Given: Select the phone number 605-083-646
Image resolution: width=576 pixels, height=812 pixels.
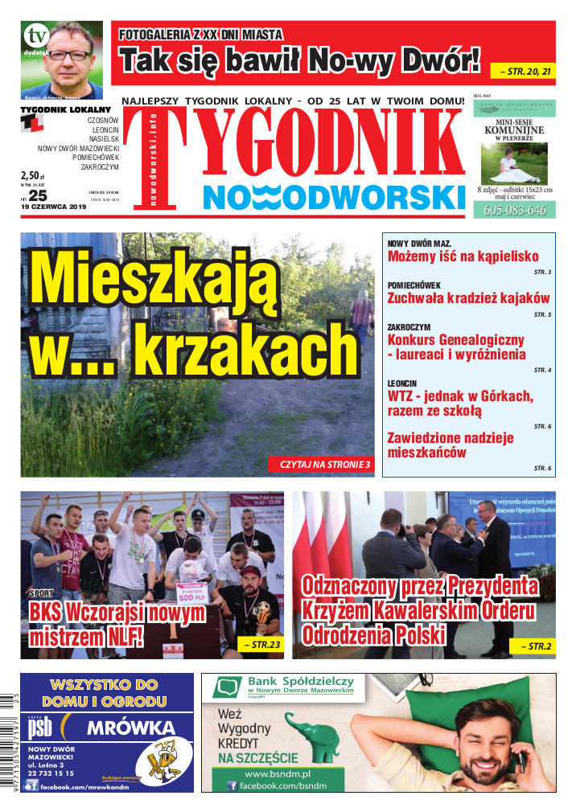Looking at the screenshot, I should pyautogui.click(x=515, y=211).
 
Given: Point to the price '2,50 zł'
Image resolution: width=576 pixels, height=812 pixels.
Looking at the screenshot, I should pyautogui.click(x=33, y=175).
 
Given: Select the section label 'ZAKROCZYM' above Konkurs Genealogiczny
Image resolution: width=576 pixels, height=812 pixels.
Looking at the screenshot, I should pyautogui.click(x=409, y=328).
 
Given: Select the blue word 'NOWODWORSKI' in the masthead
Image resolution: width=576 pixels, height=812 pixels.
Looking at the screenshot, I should pyautogui.click(x=334, y=197).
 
